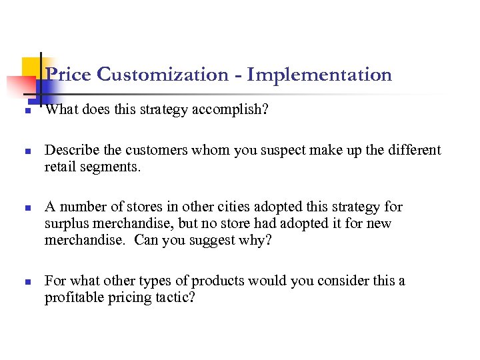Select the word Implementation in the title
pyautogui.click(x=319, y=75)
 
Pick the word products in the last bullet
pyautogui.click(x=219, y=281)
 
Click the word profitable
pyautogui.click(x=73, y=297)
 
